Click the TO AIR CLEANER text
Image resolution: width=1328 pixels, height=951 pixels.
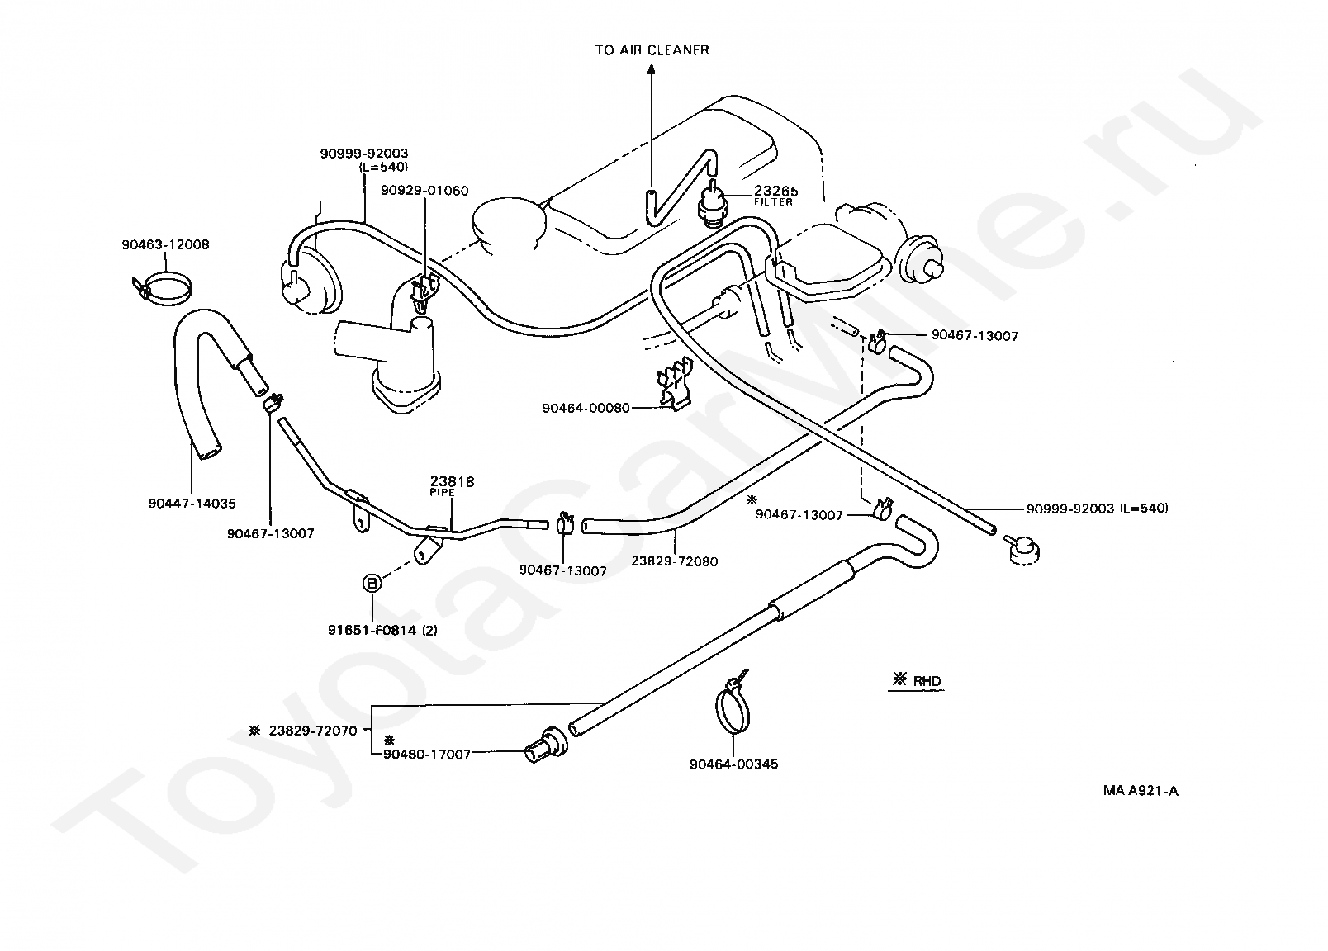coord(652,50)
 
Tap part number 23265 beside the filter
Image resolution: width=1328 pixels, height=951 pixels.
coord(776,191)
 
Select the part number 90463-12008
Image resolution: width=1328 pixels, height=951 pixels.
coord(165,244)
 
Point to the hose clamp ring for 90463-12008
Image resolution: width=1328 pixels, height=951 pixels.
coord(163,288)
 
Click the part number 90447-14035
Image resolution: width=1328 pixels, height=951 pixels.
coord(192,504)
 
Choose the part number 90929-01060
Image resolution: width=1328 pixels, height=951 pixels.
coord(424,191)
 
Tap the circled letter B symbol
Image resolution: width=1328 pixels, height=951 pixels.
coord(372,584)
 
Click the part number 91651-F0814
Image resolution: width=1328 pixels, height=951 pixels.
coord(372,630)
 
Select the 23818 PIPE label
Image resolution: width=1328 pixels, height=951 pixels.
coord(452,485)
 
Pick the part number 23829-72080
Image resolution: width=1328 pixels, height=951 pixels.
coord(675,561)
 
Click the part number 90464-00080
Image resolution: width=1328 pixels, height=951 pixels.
coord(586,409)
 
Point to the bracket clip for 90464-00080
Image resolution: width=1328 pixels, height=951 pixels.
coord(674,383)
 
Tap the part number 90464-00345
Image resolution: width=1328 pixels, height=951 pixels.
coord(734,764)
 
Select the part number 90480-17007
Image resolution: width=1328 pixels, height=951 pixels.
coord(427,755)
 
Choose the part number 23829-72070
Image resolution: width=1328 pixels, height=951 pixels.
coord(313,731)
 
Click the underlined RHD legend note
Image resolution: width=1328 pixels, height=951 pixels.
coord(917,681)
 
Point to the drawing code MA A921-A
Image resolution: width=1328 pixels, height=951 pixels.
coord(1141,791)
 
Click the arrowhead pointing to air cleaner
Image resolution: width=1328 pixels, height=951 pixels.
coord(652,69)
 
